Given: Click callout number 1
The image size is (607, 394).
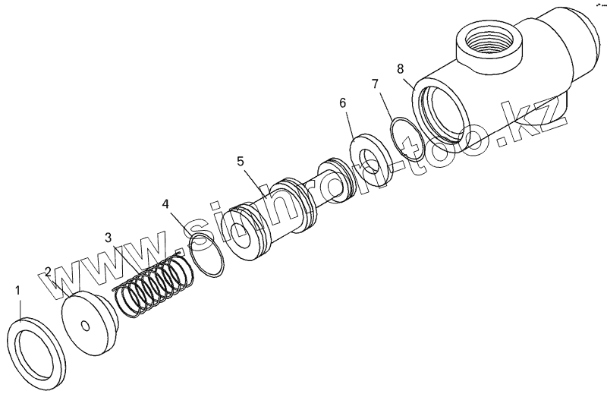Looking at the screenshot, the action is (x=19, y=290).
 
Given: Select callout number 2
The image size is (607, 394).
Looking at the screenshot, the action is (x=48, y=272).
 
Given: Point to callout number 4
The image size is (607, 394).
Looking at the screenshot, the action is (x=165, y=203).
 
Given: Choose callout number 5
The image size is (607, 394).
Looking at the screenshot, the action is (x=241, y=161).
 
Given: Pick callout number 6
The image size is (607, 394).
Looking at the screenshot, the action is (x=342, y=102).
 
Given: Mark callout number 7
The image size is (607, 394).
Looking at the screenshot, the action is (x=374, y=84).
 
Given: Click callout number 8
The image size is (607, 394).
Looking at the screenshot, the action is (x=401, y=68).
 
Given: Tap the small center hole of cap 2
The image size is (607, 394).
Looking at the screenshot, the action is (x=86, y=327).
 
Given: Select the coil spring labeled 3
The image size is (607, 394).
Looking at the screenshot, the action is (x=156, y=285).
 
